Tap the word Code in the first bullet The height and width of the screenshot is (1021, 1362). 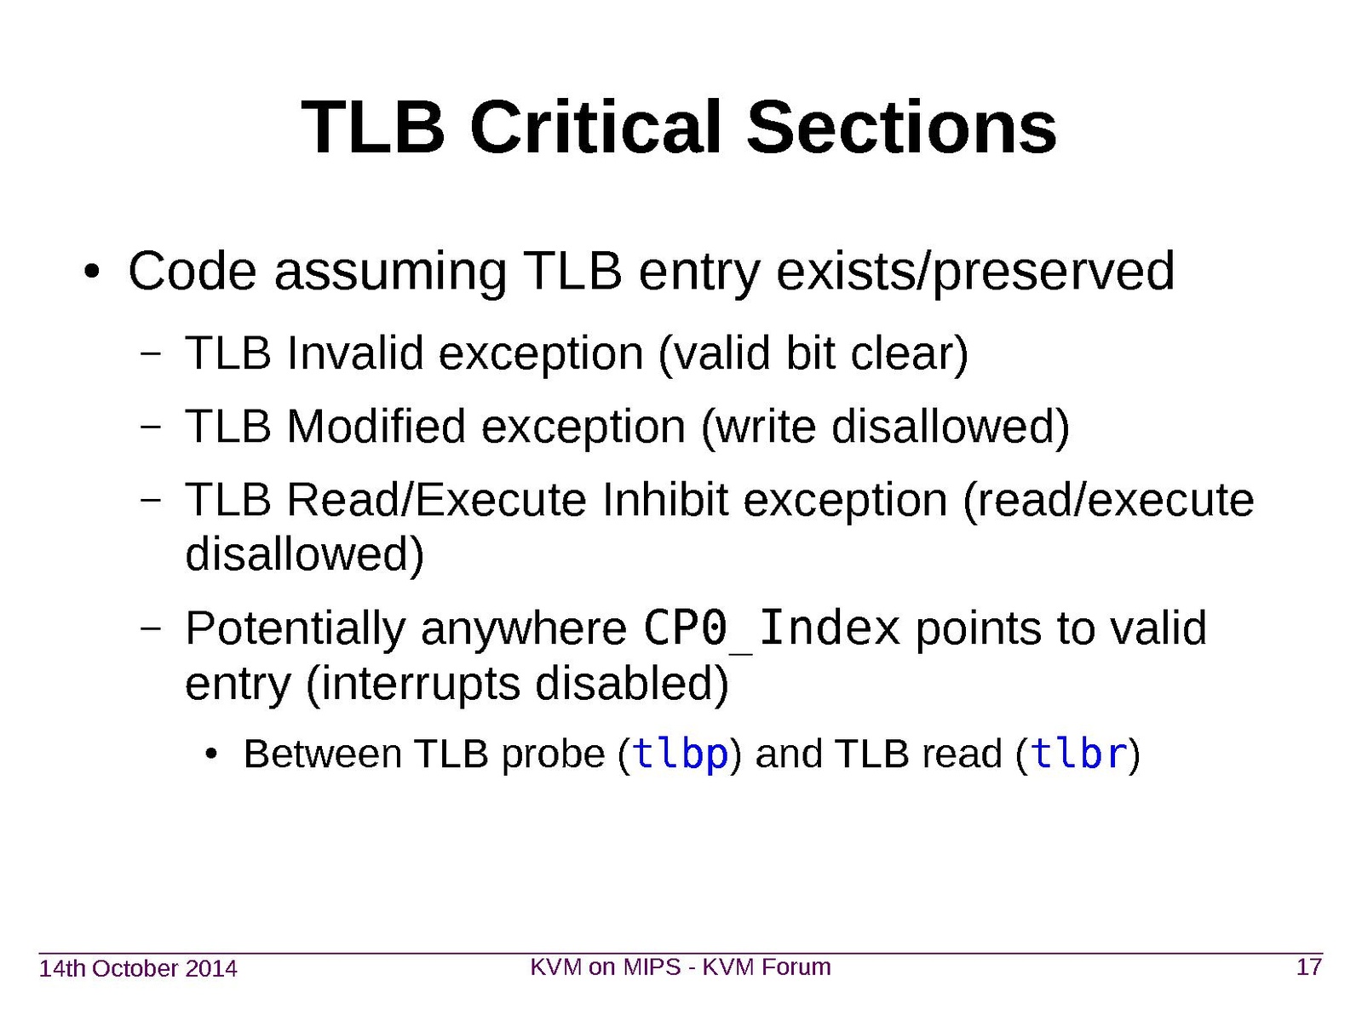(193, 271)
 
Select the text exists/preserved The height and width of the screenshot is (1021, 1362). (975, 272)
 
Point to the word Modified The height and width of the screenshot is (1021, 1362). (376, 427)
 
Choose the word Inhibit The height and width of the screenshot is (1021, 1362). (665, 500)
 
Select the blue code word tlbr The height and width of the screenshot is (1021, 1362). (1078, 753)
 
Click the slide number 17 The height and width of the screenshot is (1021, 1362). (1308, 967)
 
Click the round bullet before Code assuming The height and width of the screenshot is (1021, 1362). (92, 272)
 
